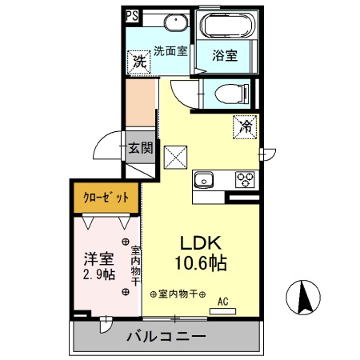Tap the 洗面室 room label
pyautogui.click(x=170, y=50)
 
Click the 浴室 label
pyautogui.click(x=226, y=55)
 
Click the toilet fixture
pyautogui.click(x=226, y=93)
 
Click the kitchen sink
pyautogui.click(x=203, y=179)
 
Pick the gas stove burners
pyautogui.click(x=245, y=180)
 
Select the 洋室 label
pyautogui.click(x=98, y=258)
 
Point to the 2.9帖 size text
pyautogui.click(x=98, y=275)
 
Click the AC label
pyautogui.click(x=224, y=301)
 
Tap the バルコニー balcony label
pyautogui.click(x=166, y=336)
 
